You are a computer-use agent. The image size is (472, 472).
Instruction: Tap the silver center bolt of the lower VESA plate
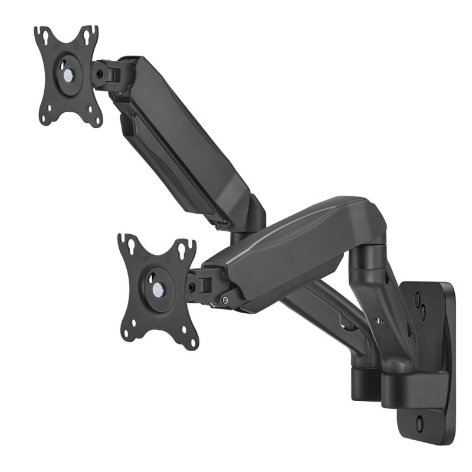click(x=158, y=290)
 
